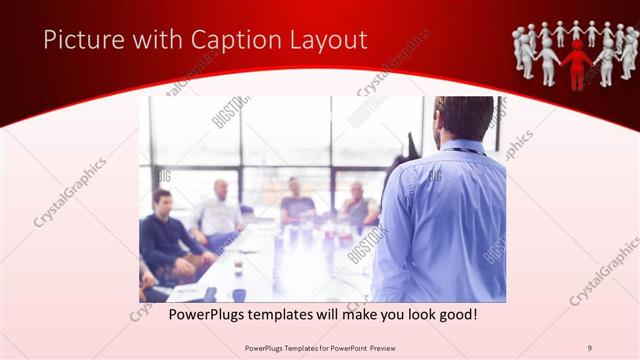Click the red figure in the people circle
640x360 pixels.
click(576, 62)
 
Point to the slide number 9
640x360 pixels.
click(590, 347)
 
